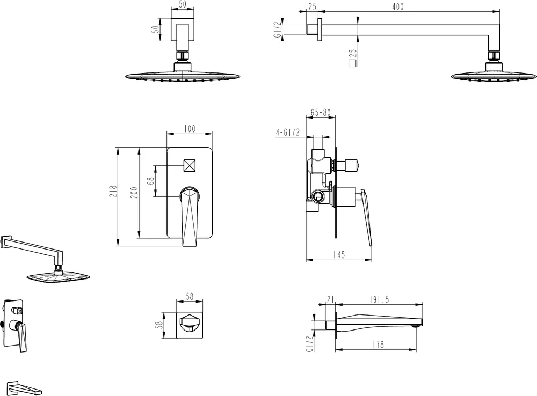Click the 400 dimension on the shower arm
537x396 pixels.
pos(397,6)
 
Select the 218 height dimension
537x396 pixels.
pos(113,191)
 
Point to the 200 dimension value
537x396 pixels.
pos(134,193)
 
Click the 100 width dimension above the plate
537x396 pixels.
pos(190,129)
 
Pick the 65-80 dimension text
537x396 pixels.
pos(321,113)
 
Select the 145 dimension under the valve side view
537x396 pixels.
pos(338,255)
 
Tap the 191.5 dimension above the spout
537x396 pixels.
pos(380,300)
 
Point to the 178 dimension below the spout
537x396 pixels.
pos(378,344)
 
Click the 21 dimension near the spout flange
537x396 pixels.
pos(330,300)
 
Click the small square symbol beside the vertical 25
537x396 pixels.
pos(352,63)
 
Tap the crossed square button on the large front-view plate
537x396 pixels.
pos(190,166)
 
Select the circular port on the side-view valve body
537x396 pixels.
pos(318,197)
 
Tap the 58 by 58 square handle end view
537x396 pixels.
pos(190,325)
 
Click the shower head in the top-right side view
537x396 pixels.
pos(494,74)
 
